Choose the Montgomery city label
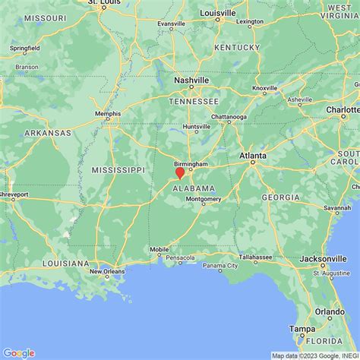204,199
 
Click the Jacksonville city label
327,259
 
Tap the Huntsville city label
195,127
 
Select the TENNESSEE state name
194,101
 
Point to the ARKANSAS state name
46,133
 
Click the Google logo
19,352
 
